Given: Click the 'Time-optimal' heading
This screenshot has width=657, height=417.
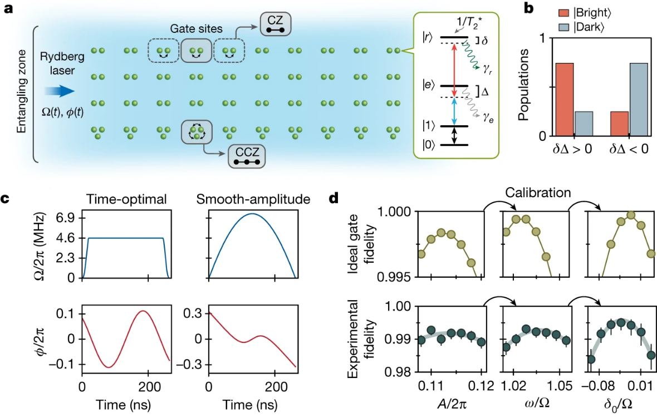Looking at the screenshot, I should [x=125, y=199].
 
